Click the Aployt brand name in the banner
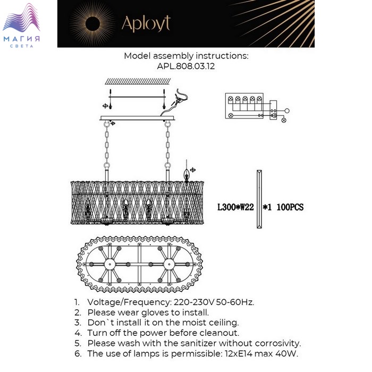pos(146,24)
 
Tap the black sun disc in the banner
pos(92,24)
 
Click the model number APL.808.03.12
pos(186,66)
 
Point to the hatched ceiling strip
pos(138,81)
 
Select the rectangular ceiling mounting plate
pos(137,118)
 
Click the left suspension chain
pos(107,145)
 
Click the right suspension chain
pos(168,145)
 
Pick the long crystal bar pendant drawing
pos(259,199)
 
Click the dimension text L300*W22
pos(235,207)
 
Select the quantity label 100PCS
pos(290,207)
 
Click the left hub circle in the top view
pos(110,264)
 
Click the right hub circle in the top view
pos(168,264)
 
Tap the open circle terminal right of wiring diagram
pos(287,111)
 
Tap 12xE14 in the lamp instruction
pos(239,354)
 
